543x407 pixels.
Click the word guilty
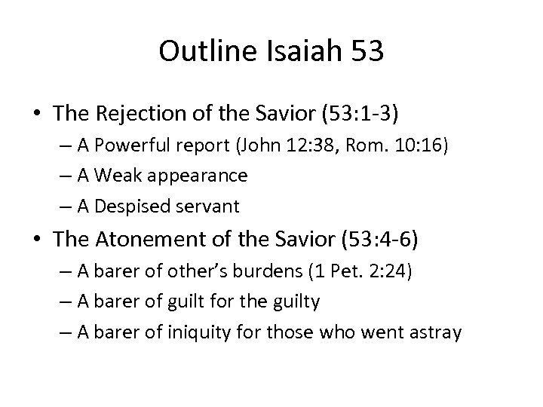point(294,301)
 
